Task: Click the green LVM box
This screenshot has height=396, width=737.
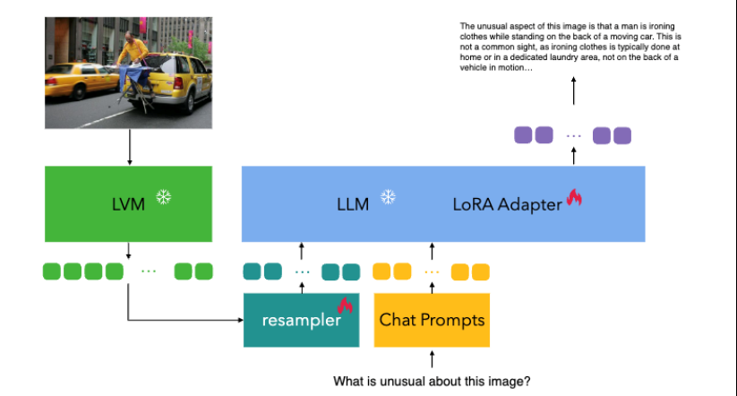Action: [127, 203]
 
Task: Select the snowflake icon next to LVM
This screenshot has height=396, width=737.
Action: [163, 197]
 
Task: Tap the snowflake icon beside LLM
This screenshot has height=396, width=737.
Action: [388, 197]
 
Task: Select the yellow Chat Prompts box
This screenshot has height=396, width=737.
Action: [432, 320]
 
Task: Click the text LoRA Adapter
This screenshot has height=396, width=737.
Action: [507, 204]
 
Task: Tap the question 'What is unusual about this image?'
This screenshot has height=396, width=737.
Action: [432, 382]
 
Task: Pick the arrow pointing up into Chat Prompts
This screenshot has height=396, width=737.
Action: [432, 358]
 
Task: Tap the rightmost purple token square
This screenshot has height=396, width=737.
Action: [621, 136]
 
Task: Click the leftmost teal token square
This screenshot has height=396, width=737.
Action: [253, 271]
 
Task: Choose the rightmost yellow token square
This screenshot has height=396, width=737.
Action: [481, 271]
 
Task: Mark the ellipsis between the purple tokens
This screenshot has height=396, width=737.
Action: [574, 136]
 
